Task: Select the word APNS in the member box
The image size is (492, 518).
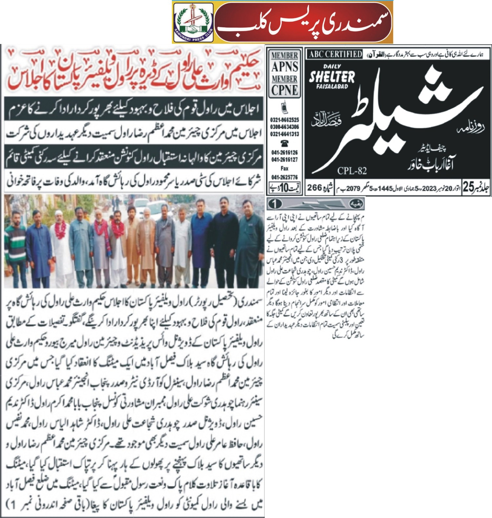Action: point(284,67)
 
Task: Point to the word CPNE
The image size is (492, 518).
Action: point(284,90)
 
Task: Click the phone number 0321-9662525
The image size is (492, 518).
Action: point(284,120)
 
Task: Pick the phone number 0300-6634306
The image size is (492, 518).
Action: point(284,127)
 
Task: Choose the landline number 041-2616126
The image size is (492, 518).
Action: point(284,153)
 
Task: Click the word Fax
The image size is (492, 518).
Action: point(284,168)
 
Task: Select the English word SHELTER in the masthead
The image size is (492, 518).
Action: point(332,77)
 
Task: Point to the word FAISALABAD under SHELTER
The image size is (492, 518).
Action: point(332,87)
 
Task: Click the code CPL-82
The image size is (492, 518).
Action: point(352,171)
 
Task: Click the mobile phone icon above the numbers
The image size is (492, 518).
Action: point(284,108)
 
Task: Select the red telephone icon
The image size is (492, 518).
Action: point(284,143)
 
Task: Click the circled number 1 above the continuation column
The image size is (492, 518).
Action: point(275,204)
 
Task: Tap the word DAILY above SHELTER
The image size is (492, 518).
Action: point(332,66)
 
